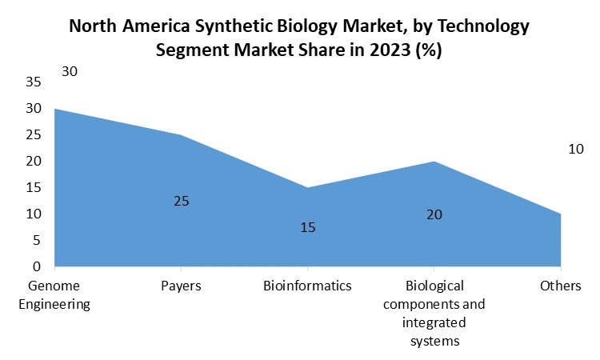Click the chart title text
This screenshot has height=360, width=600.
point(299,37)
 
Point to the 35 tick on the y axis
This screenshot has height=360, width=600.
point(34,82)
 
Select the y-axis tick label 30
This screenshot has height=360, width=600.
point(34,108)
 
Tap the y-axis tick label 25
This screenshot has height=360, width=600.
point(34,134)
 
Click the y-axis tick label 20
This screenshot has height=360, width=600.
point(34,161)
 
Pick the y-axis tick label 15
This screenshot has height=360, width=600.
point(34,187)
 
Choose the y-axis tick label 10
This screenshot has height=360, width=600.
point(34,214)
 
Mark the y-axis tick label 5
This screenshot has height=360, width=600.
point(37,240)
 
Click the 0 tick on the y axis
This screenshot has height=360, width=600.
point(37,266)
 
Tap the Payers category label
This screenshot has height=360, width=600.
point(182,286)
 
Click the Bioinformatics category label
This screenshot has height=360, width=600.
point(307,286)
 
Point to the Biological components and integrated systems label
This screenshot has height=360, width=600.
point(434,313)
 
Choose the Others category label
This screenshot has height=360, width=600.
point(560,286)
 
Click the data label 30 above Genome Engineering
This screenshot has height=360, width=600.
point(70,72)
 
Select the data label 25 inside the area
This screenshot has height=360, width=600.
point(182,201)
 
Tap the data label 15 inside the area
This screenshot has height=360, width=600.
point(308,228)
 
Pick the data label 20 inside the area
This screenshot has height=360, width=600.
point(434,214)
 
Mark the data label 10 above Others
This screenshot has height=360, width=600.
point(576,149)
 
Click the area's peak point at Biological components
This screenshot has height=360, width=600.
point(434,162)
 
